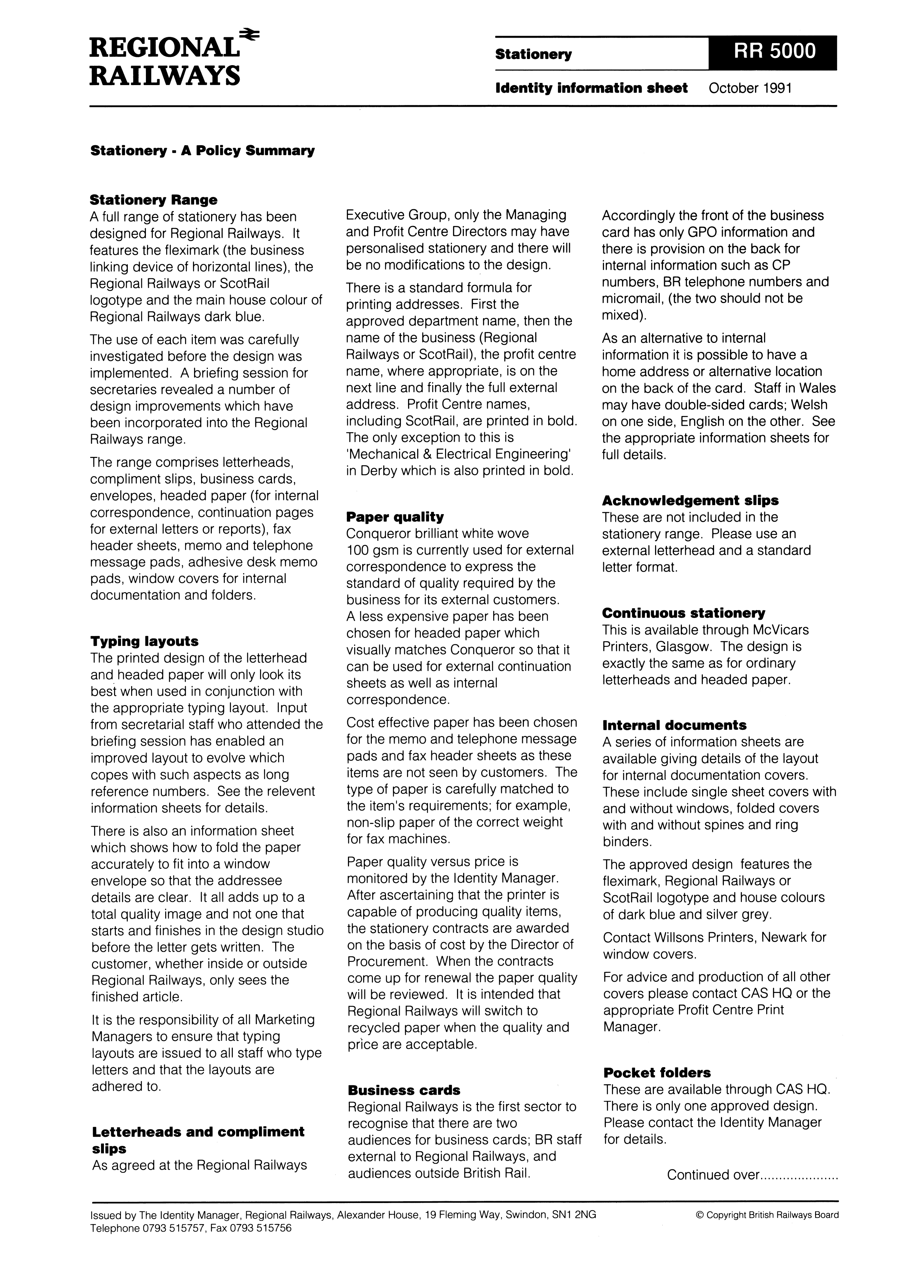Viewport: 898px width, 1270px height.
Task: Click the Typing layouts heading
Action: point(144,641)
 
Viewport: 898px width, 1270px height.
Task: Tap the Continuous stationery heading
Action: point(683,613)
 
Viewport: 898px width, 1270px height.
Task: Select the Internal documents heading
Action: point(674,725)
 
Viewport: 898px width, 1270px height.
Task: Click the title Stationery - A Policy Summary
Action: point(202,151)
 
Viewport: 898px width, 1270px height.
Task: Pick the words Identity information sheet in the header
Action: point(591,88)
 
